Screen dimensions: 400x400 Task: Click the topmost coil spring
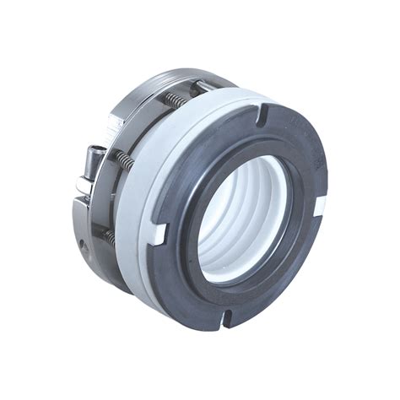click(x=174, y=100)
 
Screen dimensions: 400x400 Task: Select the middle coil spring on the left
click(x=125, y=159)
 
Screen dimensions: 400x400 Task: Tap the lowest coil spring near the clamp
click(x=109, y=238)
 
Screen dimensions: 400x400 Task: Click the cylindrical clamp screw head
click(x=94, y=157)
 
